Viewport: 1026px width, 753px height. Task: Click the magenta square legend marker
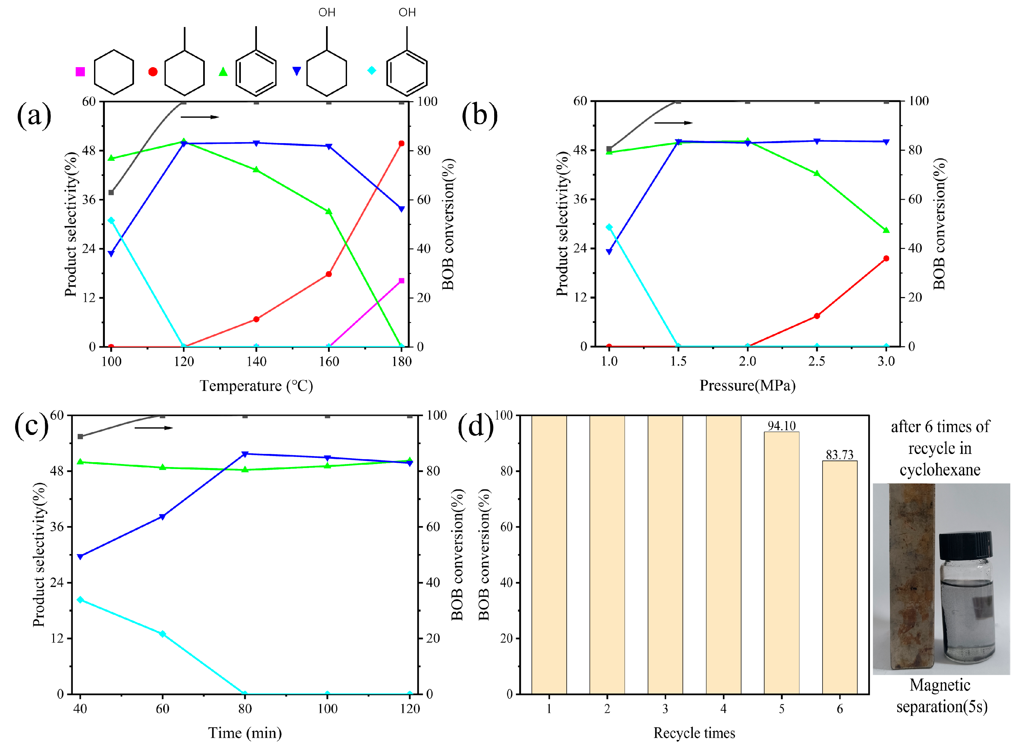pos(80,71)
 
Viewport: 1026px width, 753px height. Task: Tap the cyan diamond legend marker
pos(372,70)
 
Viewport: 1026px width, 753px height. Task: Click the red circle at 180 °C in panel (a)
pos(401,143)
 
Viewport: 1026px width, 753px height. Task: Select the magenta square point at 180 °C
pos(401,281)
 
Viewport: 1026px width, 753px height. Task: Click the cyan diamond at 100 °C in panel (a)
pos(111,221)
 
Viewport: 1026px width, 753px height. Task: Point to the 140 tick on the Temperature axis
pos(256,362)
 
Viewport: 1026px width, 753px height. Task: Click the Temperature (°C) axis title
pos(256,386)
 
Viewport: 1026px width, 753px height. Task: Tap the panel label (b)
pos(479,115)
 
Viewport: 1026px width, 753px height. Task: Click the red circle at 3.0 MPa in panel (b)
pos(886,258)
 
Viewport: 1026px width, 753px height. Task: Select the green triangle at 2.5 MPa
pos(817,174)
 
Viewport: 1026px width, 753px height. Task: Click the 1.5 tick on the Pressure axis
pos(678,361)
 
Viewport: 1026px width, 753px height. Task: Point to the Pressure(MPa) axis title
pos(747,386)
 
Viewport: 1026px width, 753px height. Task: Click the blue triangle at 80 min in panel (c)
pos(245,454)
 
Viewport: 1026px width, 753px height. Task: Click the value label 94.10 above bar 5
pos(781,426)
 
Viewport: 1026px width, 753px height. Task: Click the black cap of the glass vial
pos(966,545)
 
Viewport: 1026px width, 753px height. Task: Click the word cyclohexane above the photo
pos(940,470)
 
